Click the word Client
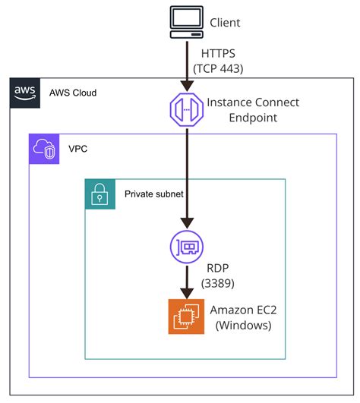224,23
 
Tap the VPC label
78,149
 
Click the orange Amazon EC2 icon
183,316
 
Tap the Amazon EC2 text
244,309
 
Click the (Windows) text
243,325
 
